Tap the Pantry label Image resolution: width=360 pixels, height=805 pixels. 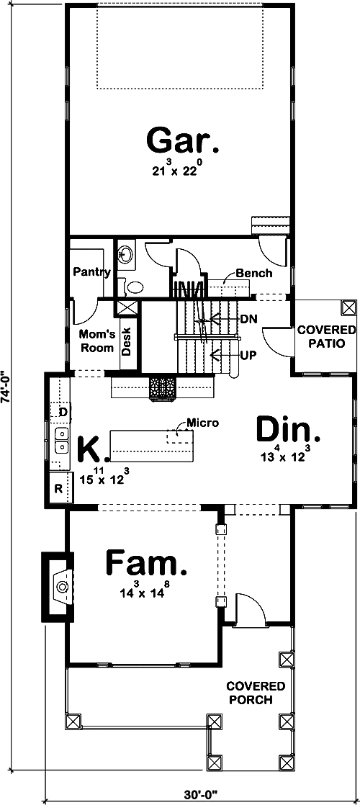[91, 271]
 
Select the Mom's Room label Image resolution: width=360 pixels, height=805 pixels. [96, 341]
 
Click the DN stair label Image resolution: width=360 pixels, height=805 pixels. [249, 318]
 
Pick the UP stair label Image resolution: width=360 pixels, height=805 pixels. [248, 354]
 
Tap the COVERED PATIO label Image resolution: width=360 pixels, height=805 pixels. [321, 336]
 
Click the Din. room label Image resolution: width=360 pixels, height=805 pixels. [288, 431]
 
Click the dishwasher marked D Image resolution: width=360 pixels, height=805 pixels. [63, 411]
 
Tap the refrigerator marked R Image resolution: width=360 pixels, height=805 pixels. [60, 490]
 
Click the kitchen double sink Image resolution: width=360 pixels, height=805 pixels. [60, 446]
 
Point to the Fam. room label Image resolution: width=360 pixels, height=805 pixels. [147, 563]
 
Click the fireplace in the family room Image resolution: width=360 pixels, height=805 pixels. [61, 587]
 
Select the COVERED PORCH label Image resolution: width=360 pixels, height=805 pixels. [256, 692]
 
